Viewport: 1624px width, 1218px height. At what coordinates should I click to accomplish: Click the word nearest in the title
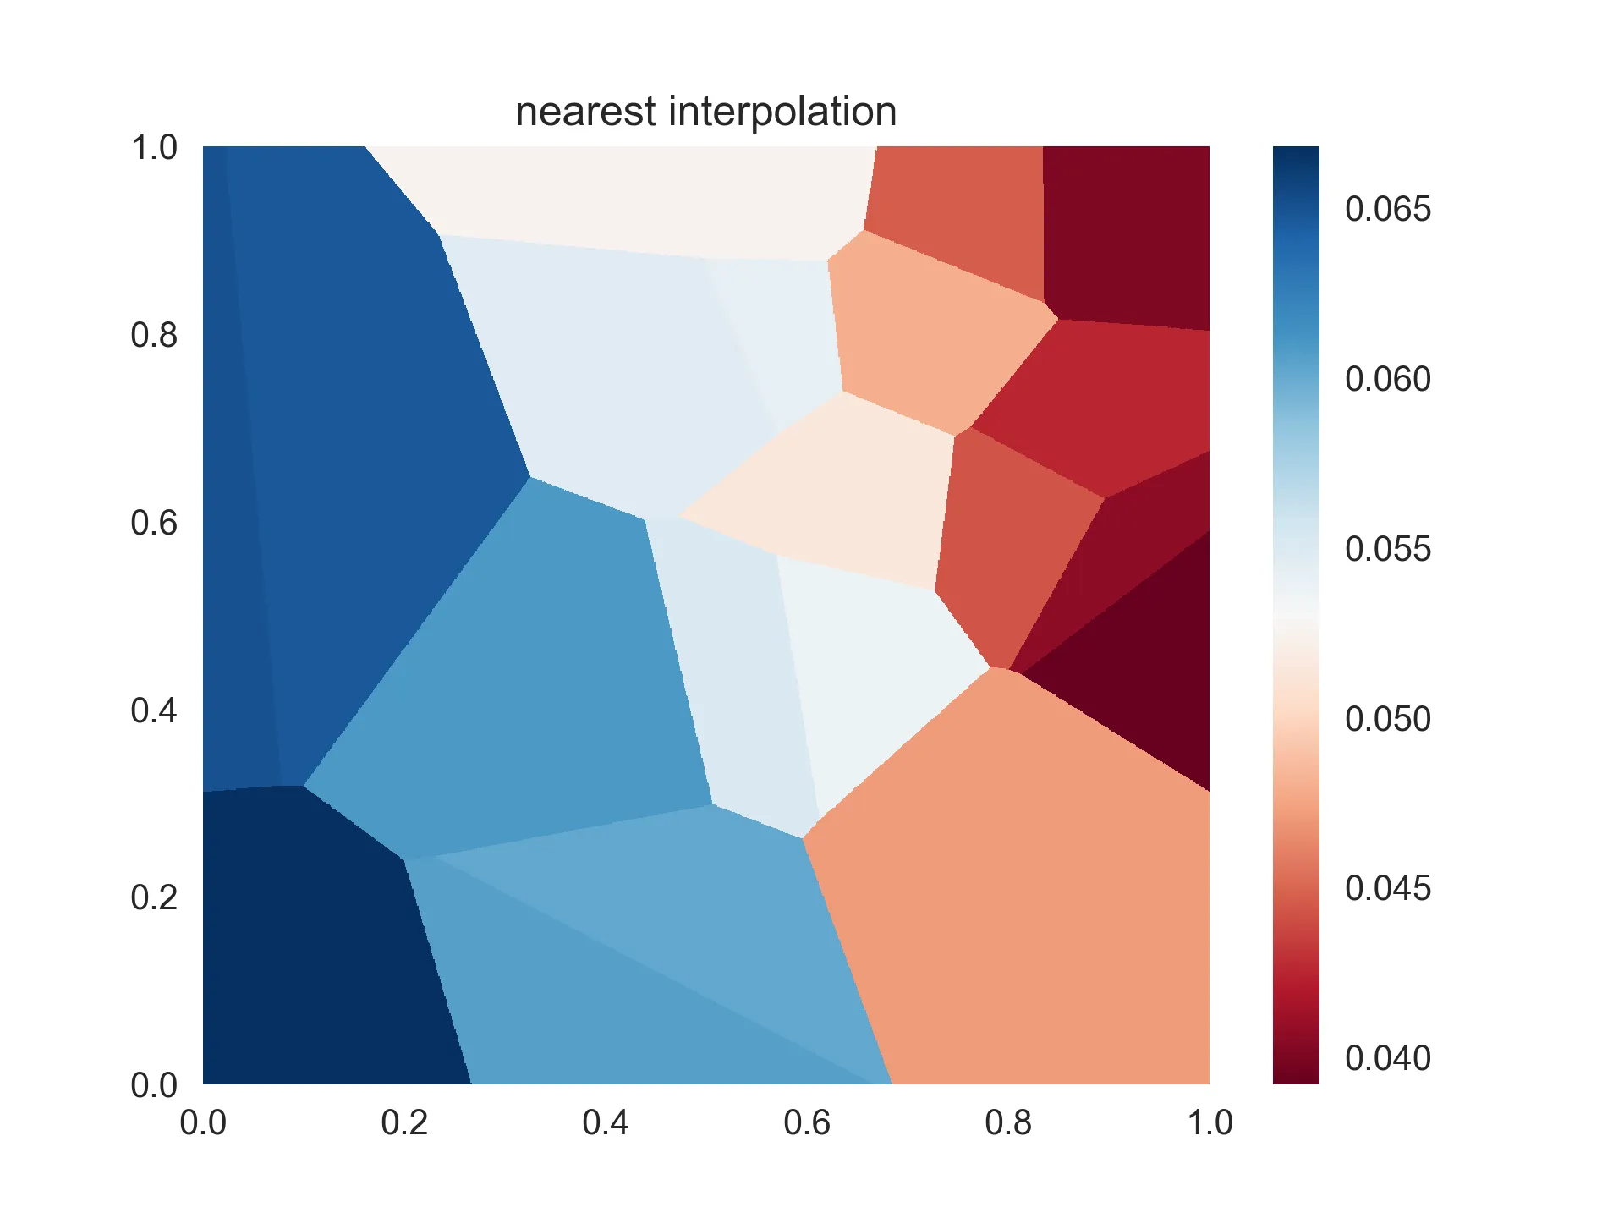(585, 112)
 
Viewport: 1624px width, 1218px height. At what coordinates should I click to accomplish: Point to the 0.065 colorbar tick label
(1388, 209)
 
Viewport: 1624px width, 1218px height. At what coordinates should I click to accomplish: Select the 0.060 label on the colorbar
(1388, 379)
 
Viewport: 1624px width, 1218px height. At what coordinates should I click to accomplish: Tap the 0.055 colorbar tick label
(1388, 549)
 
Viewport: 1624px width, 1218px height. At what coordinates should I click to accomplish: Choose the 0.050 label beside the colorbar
(1388, 719)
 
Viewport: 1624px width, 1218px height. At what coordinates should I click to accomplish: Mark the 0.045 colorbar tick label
(1388, 888)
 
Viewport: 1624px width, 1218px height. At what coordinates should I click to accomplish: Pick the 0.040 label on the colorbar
(1388, 1058)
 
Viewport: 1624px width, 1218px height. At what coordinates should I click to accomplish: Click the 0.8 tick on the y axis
(154, 336)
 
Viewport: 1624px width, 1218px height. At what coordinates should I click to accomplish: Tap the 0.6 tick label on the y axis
(154, 524)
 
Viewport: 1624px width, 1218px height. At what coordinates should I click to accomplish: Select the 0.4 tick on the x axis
(606, 1122)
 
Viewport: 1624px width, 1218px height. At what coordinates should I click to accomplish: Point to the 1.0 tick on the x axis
(1210, 1122)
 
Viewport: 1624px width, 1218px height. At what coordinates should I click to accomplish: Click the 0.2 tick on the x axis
(404, 1122)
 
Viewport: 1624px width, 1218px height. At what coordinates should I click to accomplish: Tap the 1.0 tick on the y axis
(154, 148)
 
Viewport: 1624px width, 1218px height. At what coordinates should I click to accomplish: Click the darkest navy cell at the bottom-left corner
(321, 947)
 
